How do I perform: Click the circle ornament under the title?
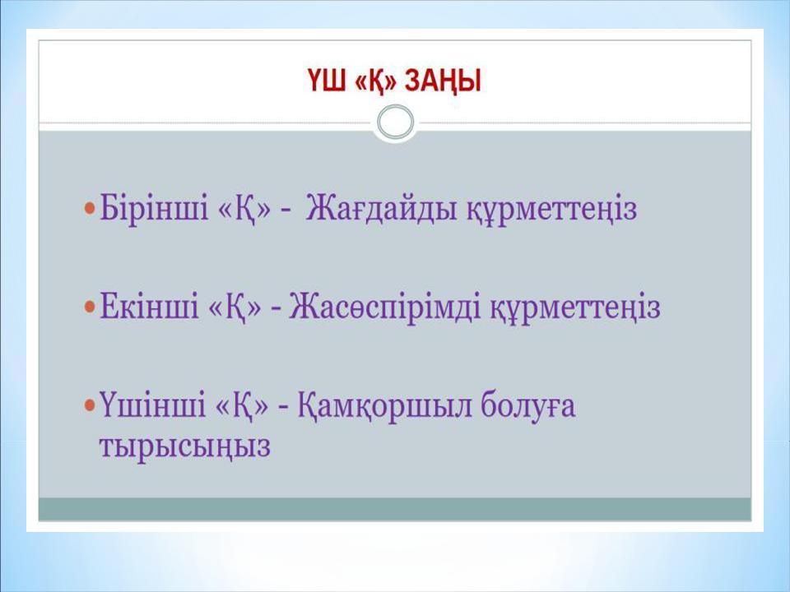[395, 123]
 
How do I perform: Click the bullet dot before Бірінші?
[90, 210]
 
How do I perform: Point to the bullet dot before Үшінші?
[90, 408]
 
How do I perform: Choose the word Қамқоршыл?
[385, 408]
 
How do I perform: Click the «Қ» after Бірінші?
[235, 209]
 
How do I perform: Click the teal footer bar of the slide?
[395, 509]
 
